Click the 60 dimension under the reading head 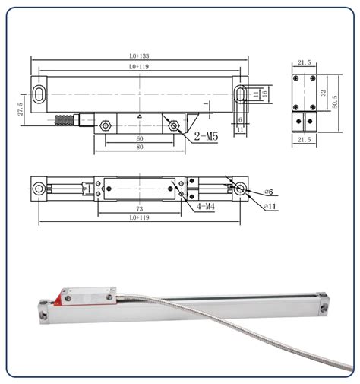(139, 139)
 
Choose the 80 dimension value (139, 148)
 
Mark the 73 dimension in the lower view (139, 208)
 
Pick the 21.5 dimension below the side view (305, 141)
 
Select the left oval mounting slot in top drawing (37, 94)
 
